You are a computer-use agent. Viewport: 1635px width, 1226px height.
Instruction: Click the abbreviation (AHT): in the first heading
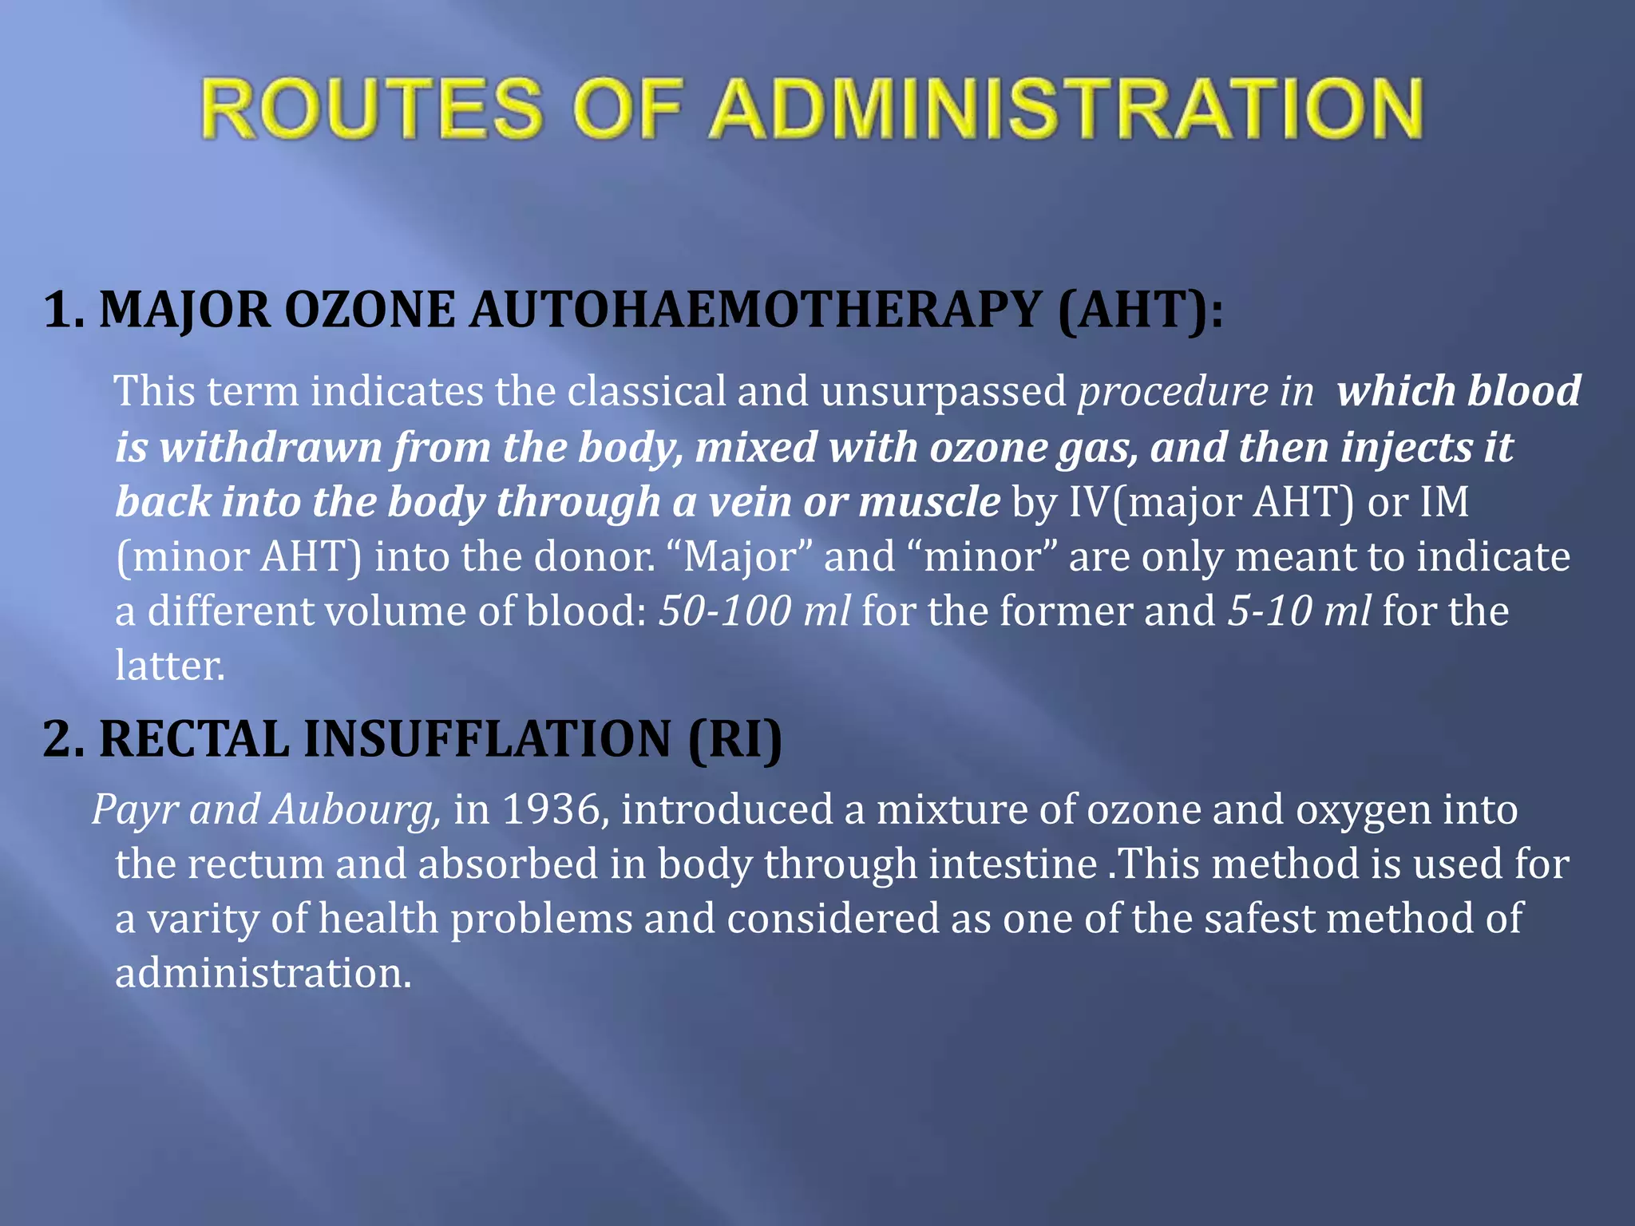pos(1141,310)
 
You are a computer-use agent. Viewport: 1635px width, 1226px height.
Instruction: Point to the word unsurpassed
pos(943,391)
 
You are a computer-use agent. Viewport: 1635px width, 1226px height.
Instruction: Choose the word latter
pos(169,665)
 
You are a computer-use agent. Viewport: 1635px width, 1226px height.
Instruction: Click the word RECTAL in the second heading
pos(194,738)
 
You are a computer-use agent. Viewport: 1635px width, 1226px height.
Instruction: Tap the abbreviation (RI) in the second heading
pos(734,738)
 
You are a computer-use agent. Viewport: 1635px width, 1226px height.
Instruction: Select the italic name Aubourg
pos(355,809)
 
